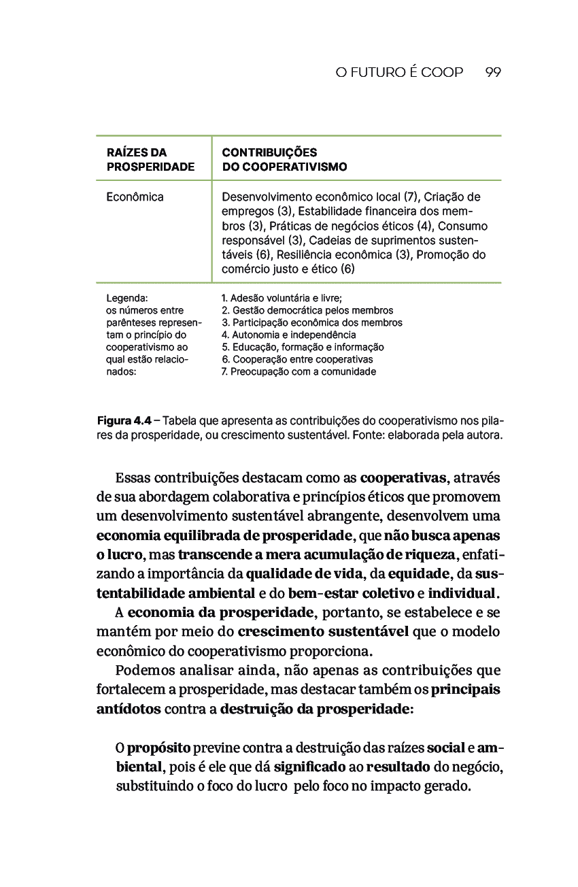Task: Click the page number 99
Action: pyautogui.click(x=494, y=73)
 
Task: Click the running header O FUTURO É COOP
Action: pyautogui.click(x=399, y=73)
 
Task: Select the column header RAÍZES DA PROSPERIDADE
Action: pyautogui.click(x=150, y=159)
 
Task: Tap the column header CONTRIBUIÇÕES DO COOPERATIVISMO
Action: pyautogui.click(x=284, y=159)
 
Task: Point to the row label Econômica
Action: pyautogui.click(x=135, y=197)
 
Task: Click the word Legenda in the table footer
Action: pyautogui.click(x=127, y=298)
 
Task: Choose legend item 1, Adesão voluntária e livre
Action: pyautogui.click(x=282, y=298)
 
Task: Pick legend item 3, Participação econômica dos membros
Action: pyautogui.click(x=312, y=322)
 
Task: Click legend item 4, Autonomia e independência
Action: pyautogui.click(x=289, y=335)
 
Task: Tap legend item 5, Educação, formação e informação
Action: pyautogui.click(x=303, y=347)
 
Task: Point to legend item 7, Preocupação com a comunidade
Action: pyautogui.click(x=299, y=371)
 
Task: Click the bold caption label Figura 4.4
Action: pyautogui.click(x=124, y=420)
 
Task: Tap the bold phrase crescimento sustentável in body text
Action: pyautogui.click(x=324, y=632)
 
